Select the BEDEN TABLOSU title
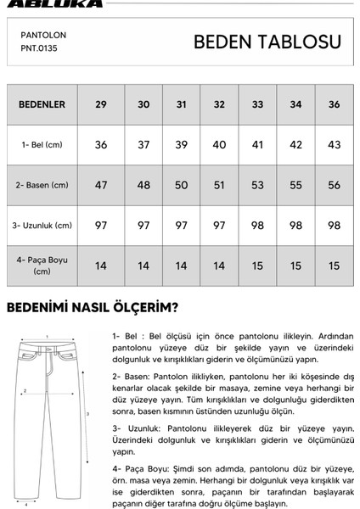pyautogui.click(x=267, y=42)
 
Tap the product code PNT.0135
pyautogui.click(x=42, y=49)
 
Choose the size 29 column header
pyautogui.click(x=101, y=105)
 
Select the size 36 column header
pyautogui.click(x=334, y=105)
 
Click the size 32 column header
pyautogui.click(x=219, y=105)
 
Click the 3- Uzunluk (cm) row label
pyautogui.click(x=43, y=225)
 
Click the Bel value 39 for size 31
pyautogui.click(x=180, y=145)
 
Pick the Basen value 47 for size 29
pyautogui.click(x=101, y=185)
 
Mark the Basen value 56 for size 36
pyautogui.click(x=334, y=185)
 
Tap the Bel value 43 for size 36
pyautogui.click(x=334, y=145)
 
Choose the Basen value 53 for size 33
pyautogui.click(x=257, y=185)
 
